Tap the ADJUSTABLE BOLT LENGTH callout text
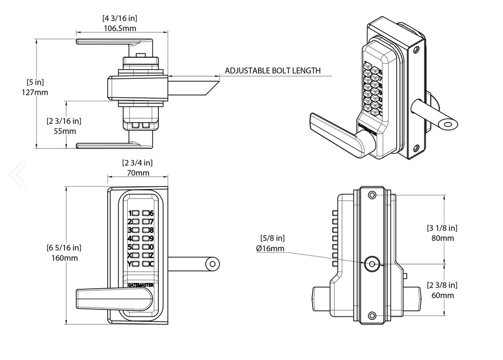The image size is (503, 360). tap(272, 70)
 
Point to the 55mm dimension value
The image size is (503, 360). tap(65, 131)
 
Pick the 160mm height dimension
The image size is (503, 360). tap(65, 258)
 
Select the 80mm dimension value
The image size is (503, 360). tap(443, 238)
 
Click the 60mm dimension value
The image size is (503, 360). tap(443, 295)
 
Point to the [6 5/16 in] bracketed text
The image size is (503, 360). tap(64, 248)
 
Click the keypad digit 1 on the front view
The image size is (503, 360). tap(130, 213)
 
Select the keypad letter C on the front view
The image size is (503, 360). tap(151, 264)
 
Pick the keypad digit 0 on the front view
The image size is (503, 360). tap(151, 247)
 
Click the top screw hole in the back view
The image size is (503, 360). tap(371, 195)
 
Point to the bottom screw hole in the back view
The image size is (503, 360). tap(371, 315)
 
